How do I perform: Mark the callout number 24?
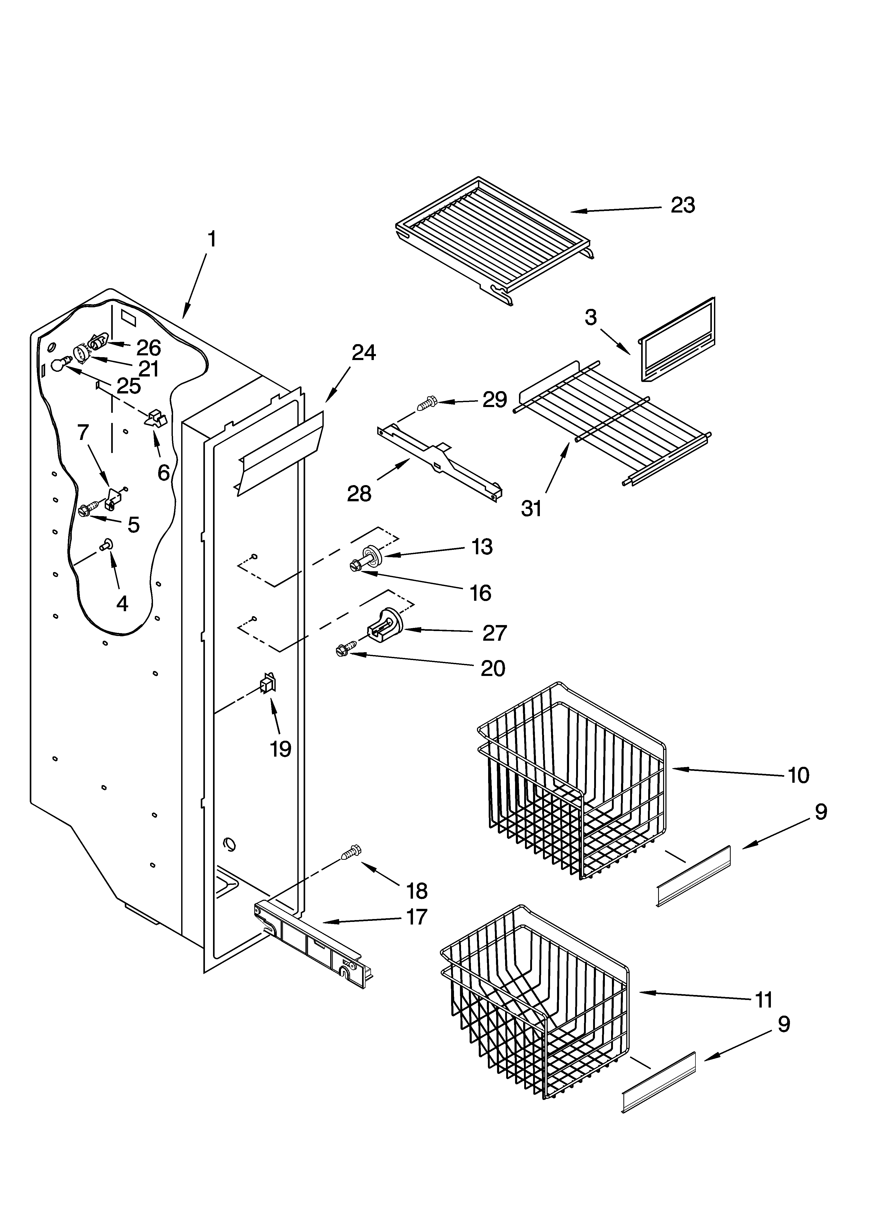364,352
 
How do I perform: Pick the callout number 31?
531,508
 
